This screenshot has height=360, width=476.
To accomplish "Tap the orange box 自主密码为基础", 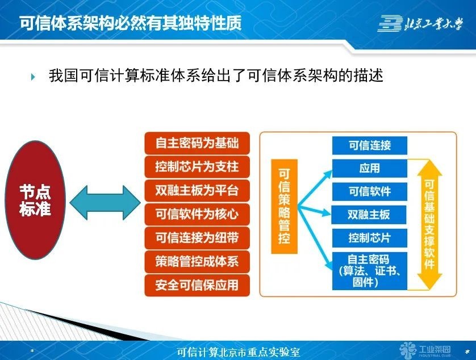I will click(197, 143).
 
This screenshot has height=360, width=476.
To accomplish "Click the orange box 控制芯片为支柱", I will click(197, 167).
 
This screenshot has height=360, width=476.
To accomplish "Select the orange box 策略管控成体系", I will click(197, 261).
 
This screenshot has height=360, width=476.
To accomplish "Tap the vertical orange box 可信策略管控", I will click(284, 206).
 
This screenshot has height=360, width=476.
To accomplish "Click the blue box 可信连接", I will click(370, 145).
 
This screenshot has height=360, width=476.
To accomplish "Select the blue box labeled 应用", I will click(370, 169).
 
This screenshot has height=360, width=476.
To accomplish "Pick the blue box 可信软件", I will click(370, 191).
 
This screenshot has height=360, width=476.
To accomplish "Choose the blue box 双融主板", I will click(370, 215).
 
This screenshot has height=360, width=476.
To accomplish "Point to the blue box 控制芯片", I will click(370, 237).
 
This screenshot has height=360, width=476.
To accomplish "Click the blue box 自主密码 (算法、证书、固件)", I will click(370, 270).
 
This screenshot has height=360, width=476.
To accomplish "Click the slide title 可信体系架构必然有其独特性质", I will click(131, 24).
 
